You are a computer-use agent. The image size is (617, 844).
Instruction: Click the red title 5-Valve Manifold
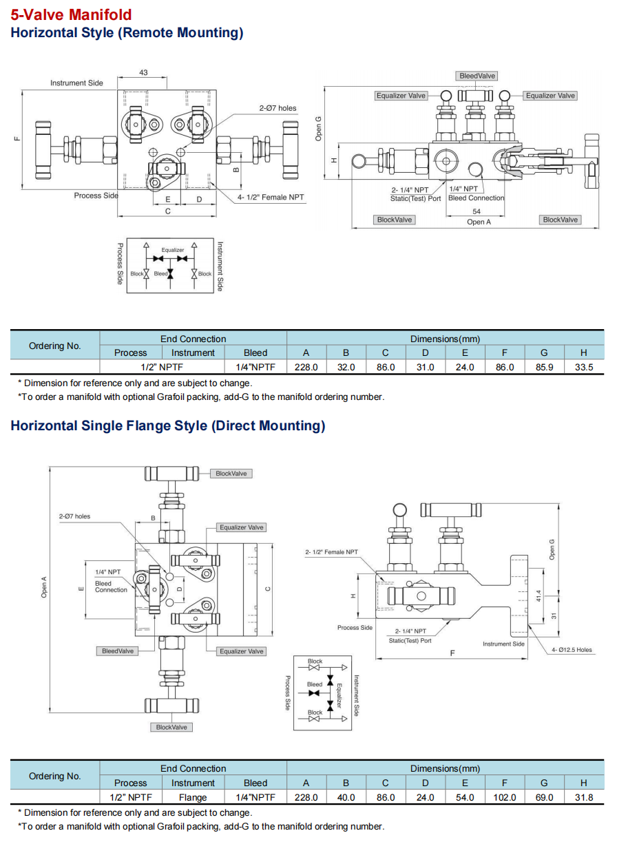pyautogui.click(x=71, y=14)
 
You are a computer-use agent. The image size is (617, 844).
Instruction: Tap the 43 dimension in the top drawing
pyautogui.click(x=143, y=72)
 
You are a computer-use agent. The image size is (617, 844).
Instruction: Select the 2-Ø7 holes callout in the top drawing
pyautogui.click(x=278, y=108)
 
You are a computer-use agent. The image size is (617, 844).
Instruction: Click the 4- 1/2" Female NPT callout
pyautogui.click(x=271, y=197)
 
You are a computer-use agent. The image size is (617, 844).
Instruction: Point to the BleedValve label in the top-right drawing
pyautogui.click(x=477, y=76)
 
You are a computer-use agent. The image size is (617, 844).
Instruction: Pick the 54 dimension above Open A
pyautogui.click(x=477, y=211)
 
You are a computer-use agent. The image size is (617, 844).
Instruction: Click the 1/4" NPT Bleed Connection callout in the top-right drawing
pyautogui.click(x=476, y=193)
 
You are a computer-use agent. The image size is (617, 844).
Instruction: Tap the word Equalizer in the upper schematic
pyautogui.click(x=173, y=250)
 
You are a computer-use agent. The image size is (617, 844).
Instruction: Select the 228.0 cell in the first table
pyautogui.click(x=306, y=367)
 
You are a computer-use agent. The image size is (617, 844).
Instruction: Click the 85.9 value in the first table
pyautogui.click(x=544, y=367)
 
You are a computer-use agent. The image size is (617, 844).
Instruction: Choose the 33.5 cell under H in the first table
pyautogui.click(x=584, y=367)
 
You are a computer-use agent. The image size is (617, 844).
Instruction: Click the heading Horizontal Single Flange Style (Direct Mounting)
pyautogui.click(x=168, y=425)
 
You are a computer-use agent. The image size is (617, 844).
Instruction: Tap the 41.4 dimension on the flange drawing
pyautogui.click(x=538, y=595)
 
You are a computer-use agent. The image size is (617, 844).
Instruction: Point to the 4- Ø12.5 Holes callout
pyautogui.click(x=572, y=650)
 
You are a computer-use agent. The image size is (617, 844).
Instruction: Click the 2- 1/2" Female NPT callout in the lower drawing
pyautogui.click(x=331, y=552)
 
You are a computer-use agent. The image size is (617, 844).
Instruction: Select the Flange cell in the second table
pyautogui.click(x=193, y=797)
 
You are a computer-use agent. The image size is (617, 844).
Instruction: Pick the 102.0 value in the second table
pyautogui.click(x=505, y=797)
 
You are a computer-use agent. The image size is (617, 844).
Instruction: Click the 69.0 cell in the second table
pyautogui.click(x=544, y=797)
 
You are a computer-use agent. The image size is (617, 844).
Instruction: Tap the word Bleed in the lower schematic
pyautogui.click(x=315, y=684)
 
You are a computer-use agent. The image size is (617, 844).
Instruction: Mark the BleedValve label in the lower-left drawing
pyautogui.click(x=118, y=651)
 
